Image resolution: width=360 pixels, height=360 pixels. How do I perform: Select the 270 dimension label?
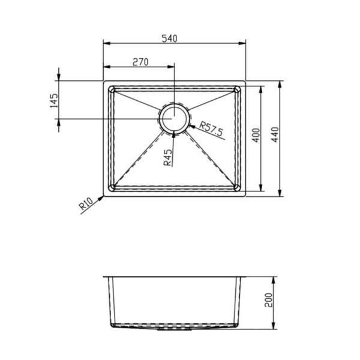(x=140, y=61)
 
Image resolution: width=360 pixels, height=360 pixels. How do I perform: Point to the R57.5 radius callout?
(x=212, y=128)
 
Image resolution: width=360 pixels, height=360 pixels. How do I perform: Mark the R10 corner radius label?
(x=85, y=206)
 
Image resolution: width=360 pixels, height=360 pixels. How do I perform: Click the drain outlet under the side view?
(x=173, y=329)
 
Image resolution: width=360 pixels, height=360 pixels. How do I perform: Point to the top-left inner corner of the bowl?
(x=111, y=88)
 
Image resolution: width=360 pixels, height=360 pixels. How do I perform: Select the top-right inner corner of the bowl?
(x=239, y=88)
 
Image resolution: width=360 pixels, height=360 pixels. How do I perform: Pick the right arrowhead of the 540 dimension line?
(x=244, y=43)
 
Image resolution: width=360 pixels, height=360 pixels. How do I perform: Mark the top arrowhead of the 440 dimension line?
(x=281, y=82)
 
